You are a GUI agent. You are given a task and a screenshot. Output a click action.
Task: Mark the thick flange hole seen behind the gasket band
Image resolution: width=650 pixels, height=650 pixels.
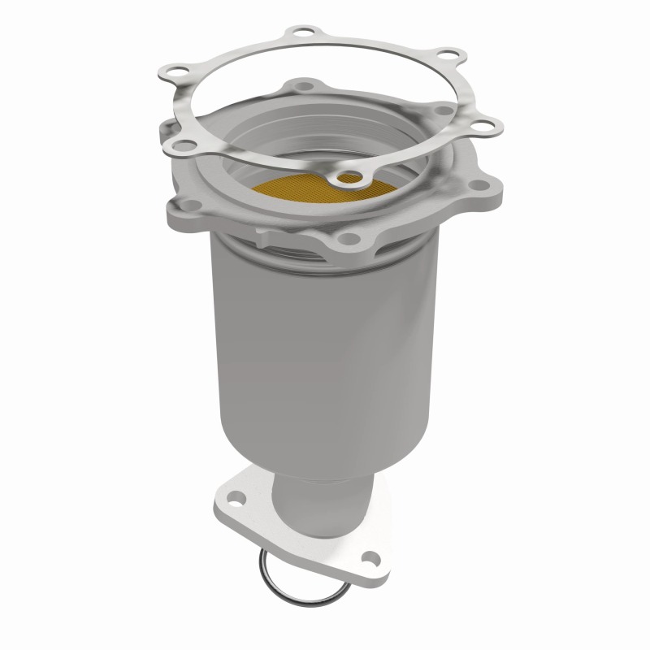coord(444,108)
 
